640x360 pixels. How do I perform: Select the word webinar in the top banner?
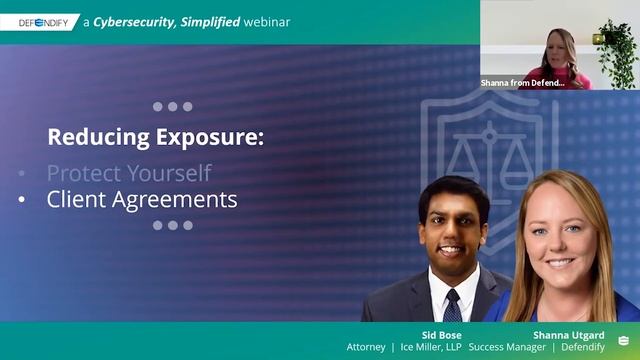pyautogui.click(x=267, y=22)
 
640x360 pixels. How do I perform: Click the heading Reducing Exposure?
pyautogui.click(x=156, y=137)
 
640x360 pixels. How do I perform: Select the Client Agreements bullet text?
pyautogui.click(x=142, y=199)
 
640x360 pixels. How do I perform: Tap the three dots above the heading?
pyautogui.click(x=172, y=106)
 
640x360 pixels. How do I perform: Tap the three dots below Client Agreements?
pyautogui.click(x=172, y=226)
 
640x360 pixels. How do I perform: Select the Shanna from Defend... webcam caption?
pyautogui.click(x=522, y=83)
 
